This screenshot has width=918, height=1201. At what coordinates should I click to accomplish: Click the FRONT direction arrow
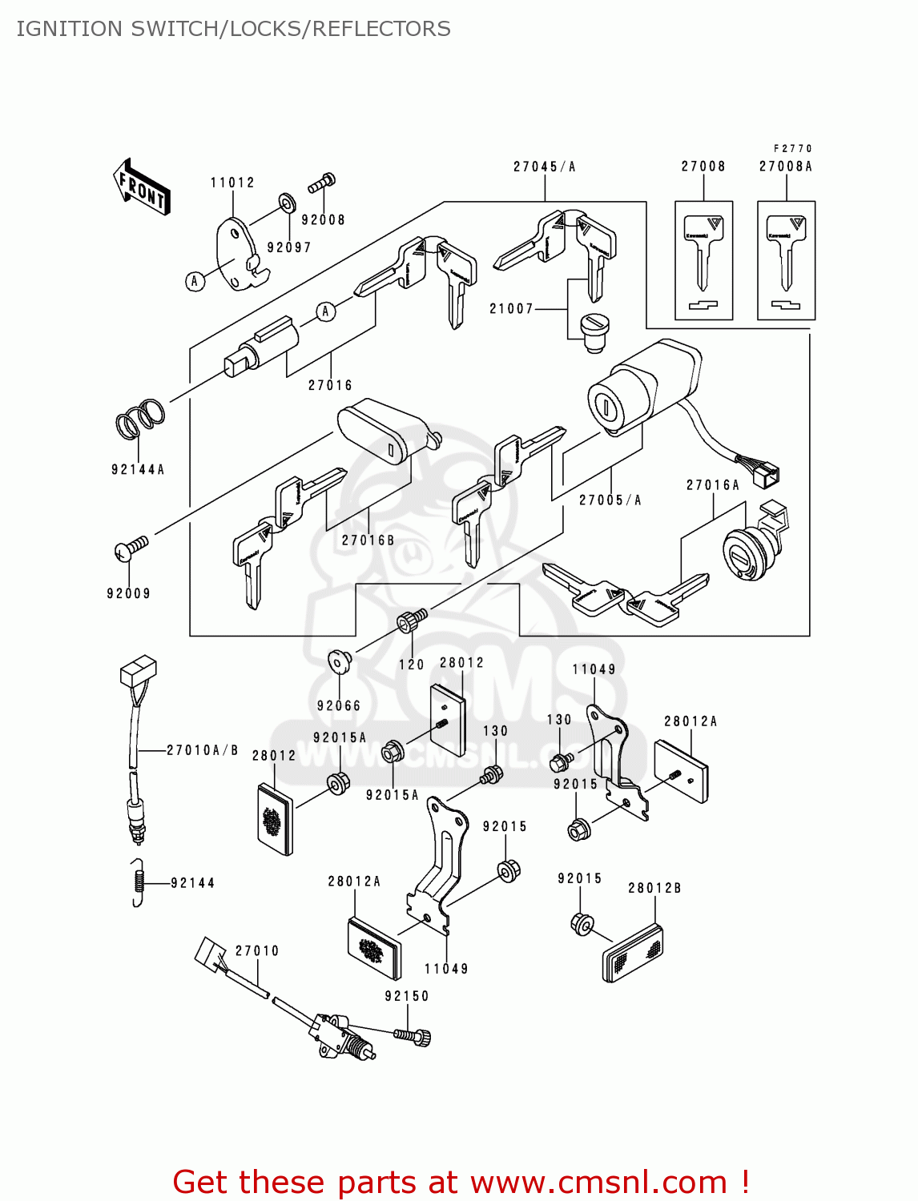142,187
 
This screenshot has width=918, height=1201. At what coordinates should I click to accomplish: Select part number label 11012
232,183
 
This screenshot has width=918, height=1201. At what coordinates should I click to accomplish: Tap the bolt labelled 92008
321,183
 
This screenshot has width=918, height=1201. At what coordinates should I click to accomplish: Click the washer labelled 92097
286,200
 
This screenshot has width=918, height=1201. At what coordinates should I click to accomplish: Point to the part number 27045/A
545,167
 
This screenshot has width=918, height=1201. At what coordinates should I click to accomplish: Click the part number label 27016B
368,540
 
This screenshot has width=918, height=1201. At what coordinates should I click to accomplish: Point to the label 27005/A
610,500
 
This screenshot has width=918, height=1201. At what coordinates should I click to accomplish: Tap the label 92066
339,705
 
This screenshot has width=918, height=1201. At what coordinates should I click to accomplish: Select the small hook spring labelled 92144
139,882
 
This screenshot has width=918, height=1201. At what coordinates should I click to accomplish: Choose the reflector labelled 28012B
632,953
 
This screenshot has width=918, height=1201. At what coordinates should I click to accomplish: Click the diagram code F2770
793,148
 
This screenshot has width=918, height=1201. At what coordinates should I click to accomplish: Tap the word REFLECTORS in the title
381,29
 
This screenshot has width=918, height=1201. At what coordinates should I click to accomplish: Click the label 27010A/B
203,750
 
